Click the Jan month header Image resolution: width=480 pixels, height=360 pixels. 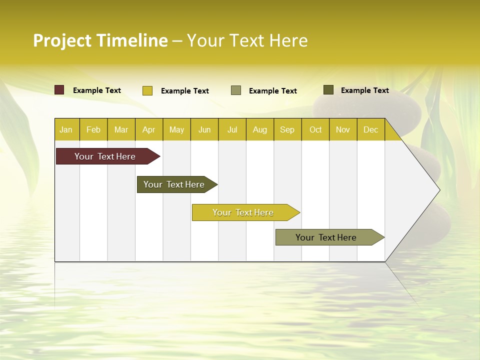66,129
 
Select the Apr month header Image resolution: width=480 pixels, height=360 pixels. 149,129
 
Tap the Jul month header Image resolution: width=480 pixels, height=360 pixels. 232,129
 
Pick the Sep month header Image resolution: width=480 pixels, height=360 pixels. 287,129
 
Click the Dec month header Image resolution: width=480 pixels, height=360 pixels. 370,129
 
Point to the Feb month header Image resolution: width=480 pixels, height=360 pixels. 93,129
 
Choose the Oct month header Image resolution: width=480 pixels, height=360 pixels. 315,129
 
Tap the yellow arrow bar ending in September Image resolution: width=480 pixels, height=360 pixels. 243,212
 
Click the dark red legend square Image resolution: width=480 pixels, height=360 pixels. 59,90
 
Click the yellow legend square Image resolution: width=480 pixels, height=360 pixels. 147,90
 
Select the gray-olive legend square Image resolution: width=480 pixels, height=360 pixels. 236,90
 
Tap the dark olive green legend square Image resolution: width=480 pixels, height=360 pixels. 328,90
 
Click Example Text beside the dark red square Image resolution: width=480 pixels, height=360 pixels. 97,90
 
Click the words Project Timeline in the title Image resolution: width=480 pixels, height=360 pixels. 100,40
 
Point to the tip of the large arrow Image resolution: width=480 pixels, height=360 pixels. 438,190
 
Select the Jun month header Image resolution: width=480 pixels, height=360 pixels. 204,129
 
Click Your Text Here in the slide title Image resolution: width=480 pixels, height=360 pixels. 247,40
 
